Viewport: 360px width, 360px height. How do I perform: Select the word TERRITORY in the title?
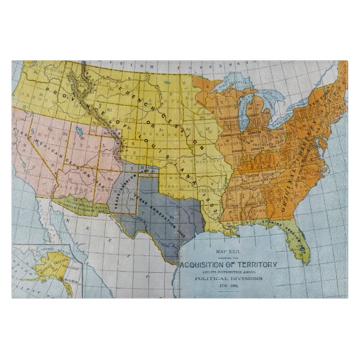click(258, 264)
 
